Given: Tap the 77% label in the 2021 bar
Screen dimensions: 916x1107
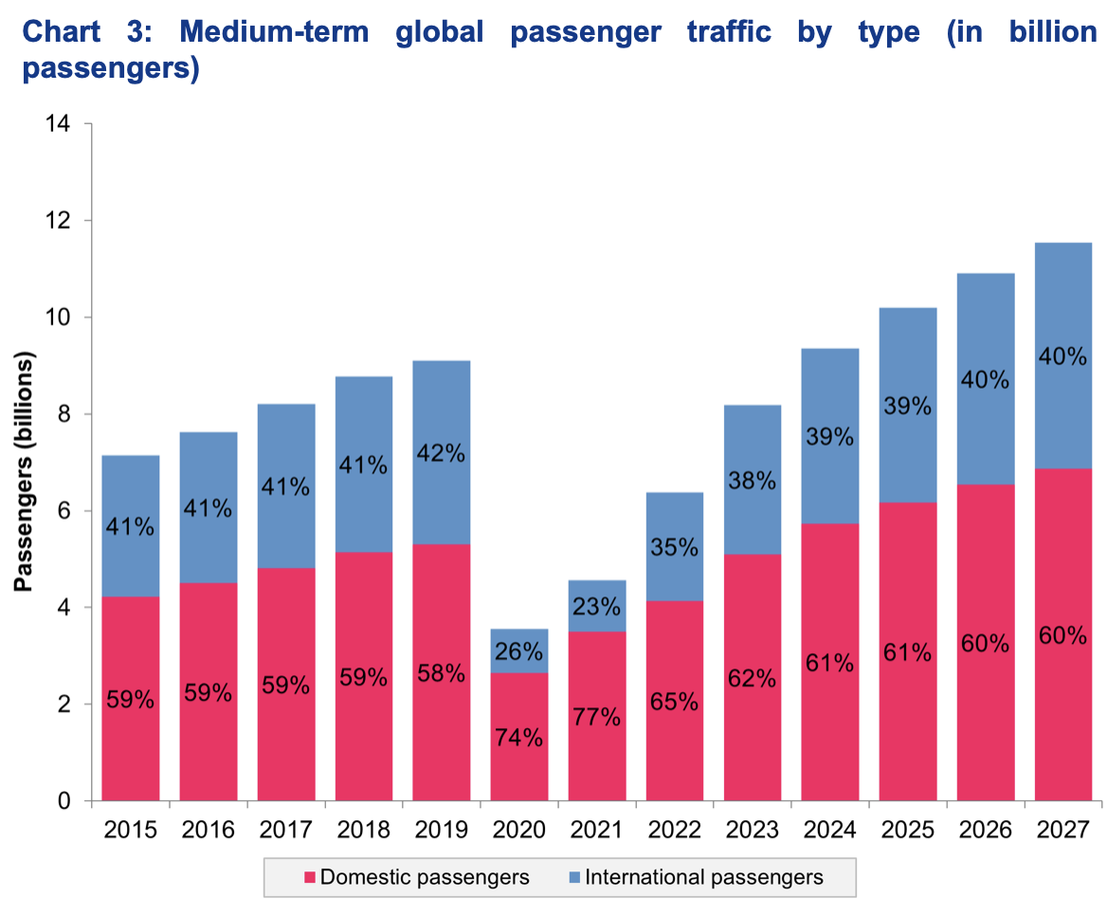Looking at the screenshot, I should [597, 717].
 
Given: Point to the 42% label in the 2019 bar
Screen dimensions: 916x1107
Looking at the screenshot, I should [442, 453].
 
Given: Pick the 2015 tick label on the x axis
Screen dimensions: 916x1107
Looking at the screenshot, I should [131, 831].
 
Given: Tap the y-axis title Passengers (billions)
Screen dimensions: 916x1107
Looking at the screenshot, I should [24, 471].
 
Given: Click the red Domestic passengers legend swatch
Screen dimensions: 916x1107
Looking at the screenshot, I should [309, 877].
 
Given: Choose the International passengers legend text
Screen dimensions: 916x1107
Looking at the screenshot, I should [704, 877].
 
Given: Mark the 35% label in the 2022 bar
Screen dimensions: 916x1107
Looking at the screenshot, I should [675, 547].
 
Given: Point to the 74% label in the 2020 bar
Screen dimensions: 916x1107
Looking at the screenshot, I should [519, 738].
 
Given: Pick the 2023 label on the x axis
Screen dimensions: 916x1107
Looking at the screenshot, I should [753, 831].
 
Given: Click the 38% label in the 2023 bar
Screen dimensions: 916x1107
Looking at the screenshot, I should [753, 481].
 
